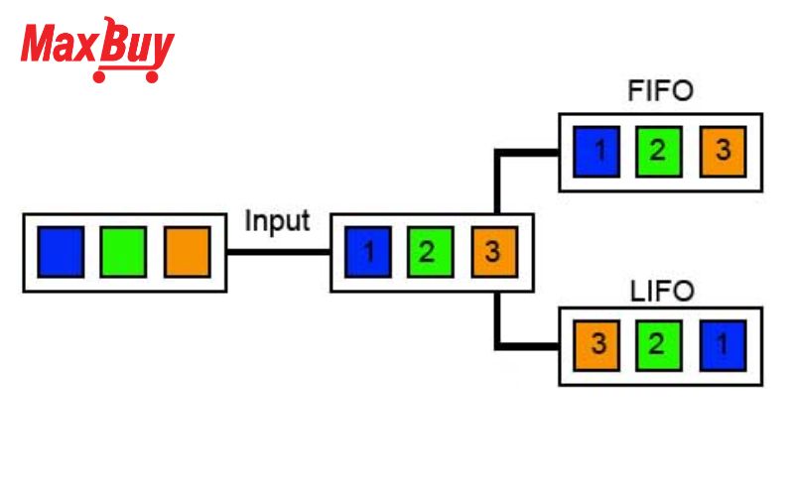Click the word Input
pyautogui.click(x=277, y=220)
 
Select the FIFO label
pyautogui.click(x=660, y=91)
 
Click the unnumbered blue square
pyautogui.click(x=61, y=252)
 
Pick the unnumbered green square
pyautogui.click(x=123, y=252)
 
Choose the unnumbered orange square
pyautogui.click(x=187, y=252)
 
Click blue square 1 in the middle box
pyautogui.click(x=368, y=252)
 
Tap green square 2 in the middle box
pyautogui.click(x=427, y=252)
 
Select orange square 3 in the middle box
pyautogui.click(x=490, y=252)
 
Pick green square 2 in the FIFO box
pyautogui.click(x=659, y=152)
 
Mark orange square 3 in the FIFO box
pyautogui.click(x=723, y=152)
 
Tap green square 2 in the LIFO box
pyautogui.click(x=659, y=346)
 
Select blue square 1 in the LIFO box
pyautogui.click(x=723, y=346)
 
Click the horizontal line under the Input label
pyautogui.click(x=277, y=252)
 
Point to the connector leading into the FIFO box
pyautogui.click(x=526, y=152)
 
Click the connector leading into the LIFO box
pyautogui.click(x=526, y=345)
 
